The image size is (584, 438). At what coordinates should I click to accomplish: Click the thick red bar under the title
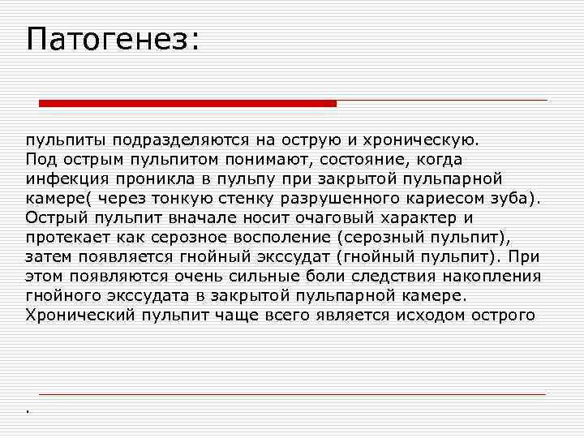(x=188, y=103)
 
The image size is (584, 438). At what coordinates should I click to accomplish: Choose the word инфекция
(x=62, y=178)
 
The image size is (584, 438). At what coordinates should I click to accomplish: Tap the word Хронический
(x=75, y=315)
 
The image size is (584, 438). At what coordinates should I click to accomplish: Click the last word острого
(x=507, y=315)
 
